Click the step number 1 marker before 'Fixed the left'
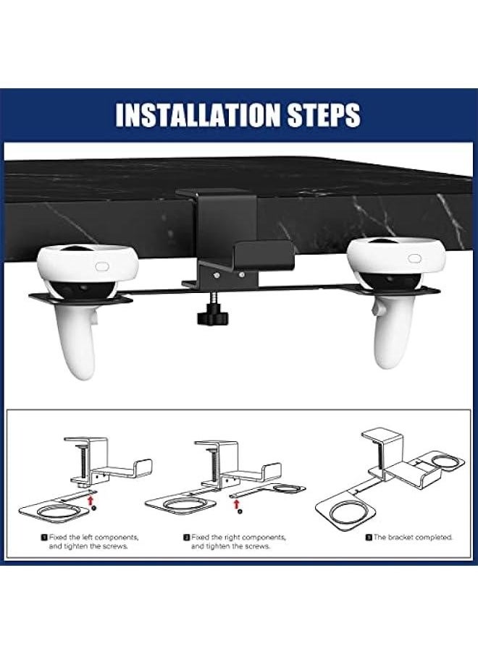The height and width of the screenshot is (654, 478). click(x=45, y=538)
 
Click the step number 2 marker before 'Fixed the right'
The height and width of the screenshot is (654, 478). click(x=186, y=538)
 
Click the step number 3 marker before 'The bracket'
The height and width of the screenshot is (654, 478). click(x=369, y=538)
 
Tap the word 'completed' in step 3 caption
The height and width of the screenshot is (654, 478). click(x=436, y=538)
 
